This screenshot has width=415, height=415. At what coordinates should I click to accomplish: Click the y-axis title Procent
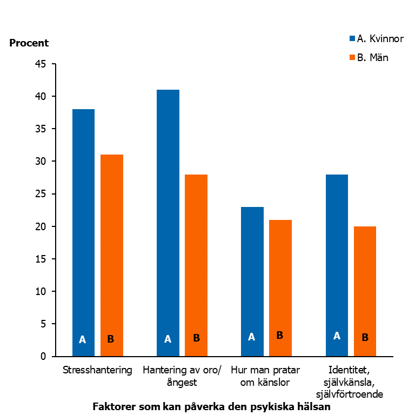tap(29, 43)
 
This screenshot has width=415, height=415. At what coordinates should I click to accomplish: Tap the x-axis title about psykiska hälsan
tap(211, 406)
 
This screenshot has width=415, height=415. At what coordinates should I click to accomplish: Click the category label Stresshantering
tap(97, 371)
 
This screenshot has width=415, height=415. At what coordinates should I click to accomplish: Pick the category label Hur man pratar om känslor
tap(266, 377)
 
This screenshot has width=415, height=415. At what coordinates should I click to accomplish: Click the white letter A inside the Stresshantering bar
tap(83, 340)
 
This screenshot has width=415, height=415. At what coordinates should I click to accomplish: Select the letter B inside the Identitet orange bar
tap(365, 337)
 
